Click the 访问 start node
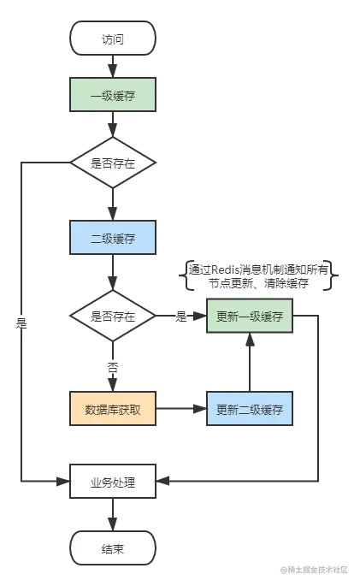[x=113, y=38]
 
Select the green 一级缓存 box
[x=113, y=94]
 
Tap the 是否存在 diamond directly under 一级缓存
[x=113, y=162]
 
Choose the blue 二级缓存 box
[x=113, y=237]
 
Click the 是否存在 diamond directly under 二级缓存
[x=113, y=316]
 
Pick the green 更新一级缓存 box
[x=250, y=316]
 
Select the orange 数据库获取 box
[x=113, y=409]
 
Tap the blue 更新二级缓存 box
[x=250, y=409]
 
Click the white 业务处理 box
[x=113, y=482]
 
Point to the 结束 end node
[x=113, y=548]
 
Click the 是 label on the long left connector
[x=21, y=323]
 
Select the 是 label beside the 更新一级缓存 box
[x=180, y=317]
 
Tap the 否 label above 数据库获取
[x=113, y=368]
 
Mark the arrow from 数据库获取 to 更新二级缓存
[x=181, y=409]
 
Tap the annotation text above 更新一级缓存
[x=262, y=275]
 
